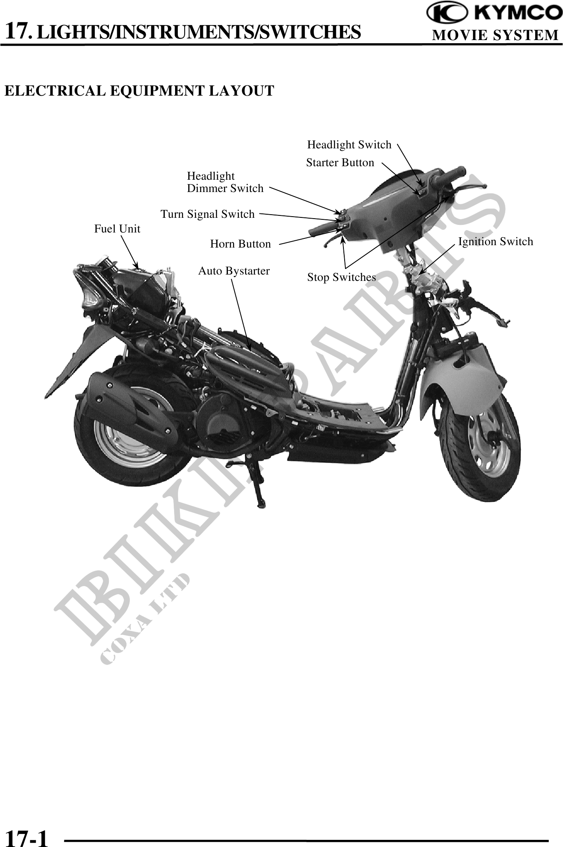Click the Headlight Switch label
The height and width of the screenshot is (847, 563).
(349, 145)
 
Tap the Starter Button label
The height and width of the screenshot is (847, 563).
(340, 163)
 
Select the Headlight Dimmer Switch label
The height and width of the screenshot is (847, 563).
(225, 182)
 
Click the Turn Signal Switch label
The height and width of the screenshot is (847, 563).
(207, 214)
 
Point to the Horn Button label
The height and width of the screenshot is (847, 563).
(240, 244)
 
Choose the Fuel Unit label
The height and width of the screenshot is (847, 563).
(117, 229)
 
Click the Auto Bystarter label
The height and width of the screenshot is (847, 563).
(234, 271)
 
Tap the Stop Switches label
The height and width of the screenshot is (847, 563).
(341, 277)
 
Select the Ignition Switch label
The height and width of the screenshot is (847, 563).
(496, 242)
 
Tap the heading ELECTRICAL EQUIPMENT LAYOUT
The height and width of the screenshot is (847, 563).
(139, 91)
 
